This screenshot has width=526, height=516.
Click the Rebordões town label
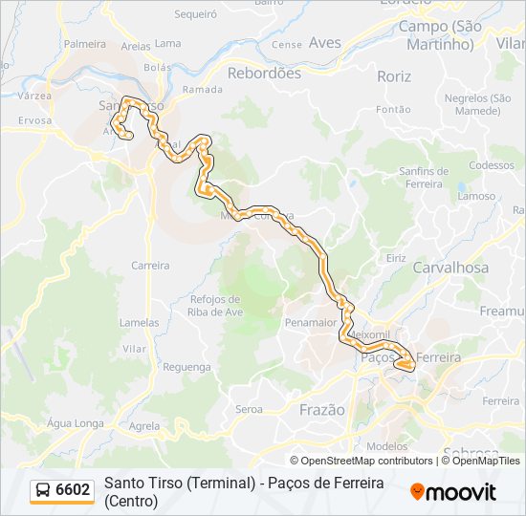[x=264, y=73]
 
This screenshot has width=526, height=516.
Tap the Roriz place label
[x=394, y=76]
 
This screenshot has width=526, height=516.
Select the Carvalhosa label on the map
[x=449, y=268]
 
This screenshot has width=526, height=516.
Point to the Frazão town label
[x=321, y=409]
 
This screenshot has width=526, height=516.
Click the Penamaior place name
[x=311, y=323]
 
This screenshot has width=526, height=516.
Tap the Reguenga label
[x=186, y=367]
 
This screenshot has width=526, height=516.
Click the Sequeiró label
[x=196, y=14]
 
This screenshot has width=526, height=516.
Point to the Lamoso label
[x=476, y=196]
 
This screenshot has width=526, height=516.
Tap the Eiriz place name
[x=396, y=259]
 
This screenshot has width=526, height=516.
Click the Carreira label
[x=150, y=266]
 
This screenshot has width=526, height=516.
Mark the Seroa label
[x=249, y=409]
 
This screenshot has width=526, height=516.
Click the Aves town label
[x=325, y=43]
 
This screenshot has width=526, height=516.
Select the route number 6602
[x=74, y=490]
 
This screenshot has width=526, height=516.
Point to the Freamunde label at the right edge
[x=503, y=312]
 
